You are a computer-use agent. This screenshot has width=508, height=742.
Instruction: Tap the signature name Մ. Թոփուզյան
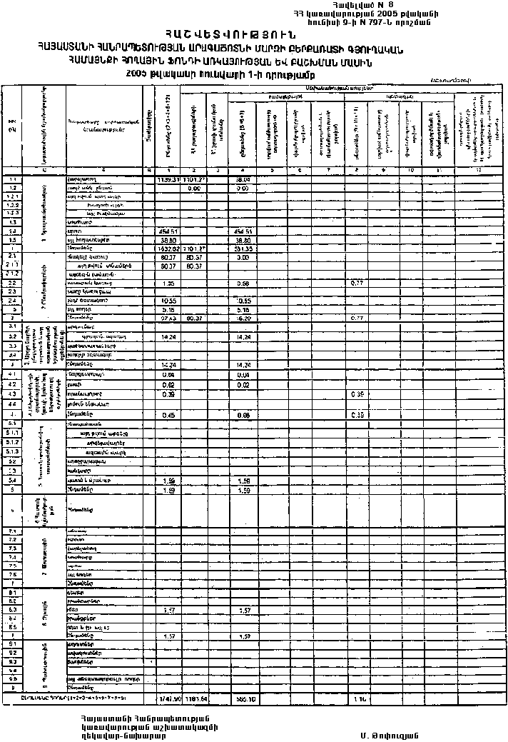(x=388, y=735)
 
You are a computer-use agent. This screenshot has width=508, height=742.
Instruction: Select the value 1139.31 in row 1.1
(x=168, y=180)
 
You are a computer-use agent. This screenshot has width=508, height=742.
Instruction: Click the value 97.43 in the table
(x=169, y=317)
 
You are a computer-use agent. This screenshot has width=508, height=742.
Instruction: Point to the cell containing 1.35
(x=169, y=284)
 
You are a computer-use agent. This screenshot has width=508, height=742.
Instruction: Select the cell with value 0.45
(x=169, y=415)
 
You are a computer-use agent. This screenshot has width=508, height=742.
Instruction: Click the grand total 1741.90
(x=168, y=697)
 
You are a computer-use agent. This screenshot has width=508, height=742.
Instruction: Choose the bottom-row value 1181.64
(x=195, y=697)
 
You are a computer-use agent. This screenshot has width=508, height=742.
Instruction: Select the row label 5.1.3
(x=11, y=452)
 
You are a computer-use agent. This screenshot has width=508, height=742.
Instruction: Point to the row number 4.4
(x=11, y=403)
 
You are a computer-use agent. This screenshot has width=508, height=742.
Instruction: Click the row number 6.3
(x=11, y=610)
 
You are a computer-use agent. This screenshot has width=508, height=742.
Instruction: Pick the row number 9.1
(x=11, y=643)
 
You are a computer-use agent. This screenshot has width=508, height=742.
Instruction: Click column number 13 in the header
(x=479, y=169)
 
